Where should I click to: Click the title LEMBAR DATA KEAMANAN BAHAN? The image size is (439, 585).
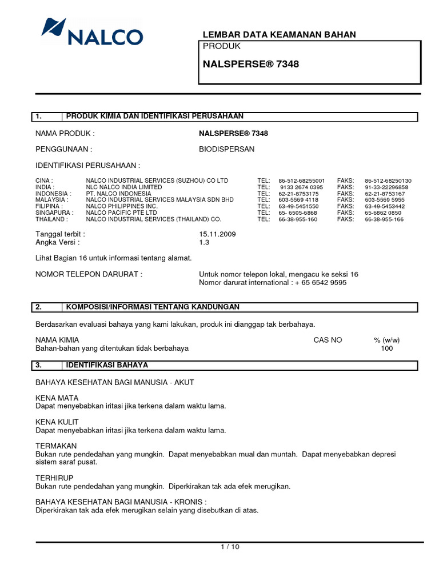(x=280, y=35)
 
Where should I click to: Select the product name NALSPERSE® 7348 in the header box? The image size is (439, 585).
(x=251, y=65)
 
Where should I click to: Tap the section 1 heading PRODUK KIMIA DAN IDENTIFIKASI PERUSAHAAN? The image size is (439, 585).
(x=155, y=117)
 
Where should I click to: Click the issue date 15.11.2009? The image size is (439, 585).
(x=217, y=234)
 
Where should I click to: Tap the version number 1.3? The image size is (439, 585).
(x=204, y=242)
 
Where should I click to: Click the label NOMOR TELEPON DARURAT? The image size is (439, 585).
(x=89, y=274)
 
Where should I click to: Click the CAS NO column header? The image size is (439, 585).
(x=328, y=340)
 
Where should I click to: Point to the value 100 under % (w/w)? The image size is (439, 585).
(x=387, y=348)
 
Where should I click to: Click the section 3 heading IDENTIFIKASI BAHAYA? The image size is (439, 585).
(x=107, y=364)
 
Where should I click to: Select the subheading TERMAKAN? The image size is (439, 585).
(x=55, y=446)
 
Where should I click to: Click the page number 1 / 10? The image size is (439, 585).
(x=230, y=547)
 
